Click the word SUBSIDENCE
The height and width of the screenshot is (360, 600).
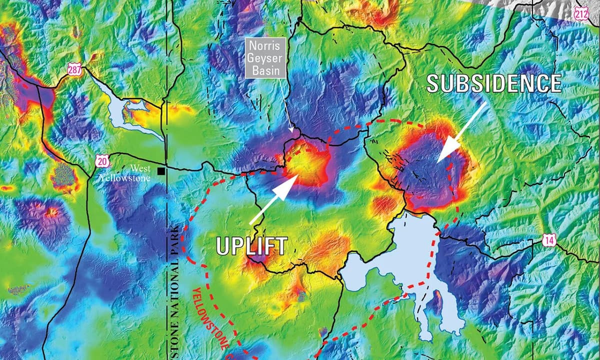click(493, 83)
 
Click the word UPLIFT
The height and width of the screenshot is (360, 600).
click(251, 246)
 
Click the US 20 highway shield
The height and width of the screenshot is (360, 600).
click(101, 161)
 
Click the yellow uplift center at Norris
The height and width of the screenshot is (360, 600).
click(306, 165)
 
